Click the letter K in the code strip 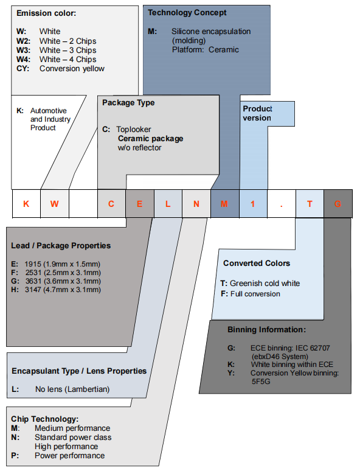tap(26, 204)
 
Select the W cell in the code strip tap(55, 203)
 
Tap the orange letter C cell tap(111, 203)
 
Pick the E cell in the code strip tap(140, 203)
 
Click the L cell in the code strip tap(168, 203)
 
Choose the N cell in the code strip tap(196, 203)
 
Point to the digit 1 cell tap(253, 203)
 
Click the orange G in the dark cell tap(337, 204)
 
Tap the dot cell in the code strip tap(282, 203)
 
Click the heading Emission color tap(46, 13)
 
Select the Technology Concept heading tap(187, 13)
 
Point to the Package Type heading tap(128, 103)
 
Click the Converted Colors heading tap(257, 264)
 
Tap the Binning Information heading tap(266, 329)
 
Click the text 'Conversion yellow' tap(72, 69)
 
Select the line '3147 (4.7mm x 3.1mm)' tap(63, 290)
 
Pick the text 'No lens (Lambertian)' tap(72, 389)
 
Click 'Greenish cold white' tap(265, 283)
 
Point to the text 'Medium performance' tap(72, 428)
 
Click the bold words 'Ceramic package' tap(151, 139)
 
